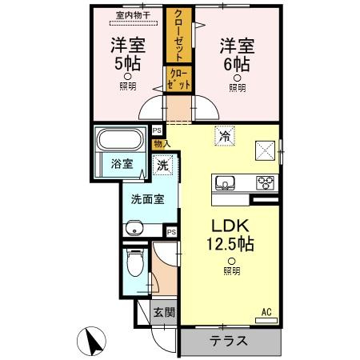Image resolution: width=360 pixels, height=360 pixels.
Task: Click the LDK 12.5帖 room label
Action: [x=232, y=234]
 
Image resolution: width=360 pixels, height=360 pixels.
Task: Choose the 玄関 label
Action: [x=165, y=313]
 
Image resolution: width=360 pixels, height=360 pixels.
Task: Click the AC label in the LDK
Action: [x=266, y=311]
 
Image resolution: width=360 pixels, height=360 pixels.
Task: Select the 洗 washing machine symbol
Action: [x=162, y=166]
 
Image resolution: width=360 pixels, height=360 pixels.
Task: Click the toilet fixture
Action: [x=134, y=263]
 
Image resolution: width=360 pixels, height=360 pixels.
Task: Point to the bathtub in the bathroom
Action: [x=122, y=141]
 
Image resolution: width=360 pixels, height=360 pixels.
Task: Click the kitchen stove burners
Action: [x=265, y=183]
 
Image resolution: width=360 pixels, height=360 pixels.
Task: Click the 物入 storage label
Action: [x=162, y=144]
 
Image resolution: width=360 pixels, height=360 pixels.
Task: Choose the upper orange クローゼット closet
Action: [x=178, y=35]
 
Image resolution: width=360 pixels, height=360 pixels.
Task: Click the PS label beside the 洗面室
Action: [x=171, y=232]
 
